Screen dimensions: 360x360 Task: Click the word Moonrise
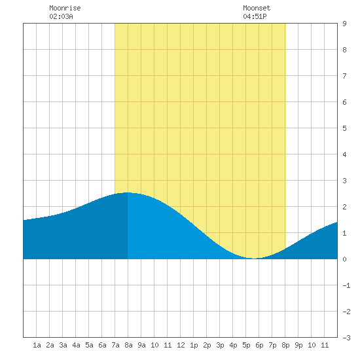click(x=65, y=8)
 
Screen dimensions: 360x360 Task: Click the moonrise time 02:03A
click(x=61, y=16)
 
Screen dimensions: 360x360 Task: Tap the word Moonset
click(x=257, y=8)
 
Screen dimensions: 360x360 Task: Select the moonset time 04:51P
click(x=255, y=16)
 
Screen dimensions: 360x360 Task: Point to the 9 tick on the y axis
click(x=344, y=24)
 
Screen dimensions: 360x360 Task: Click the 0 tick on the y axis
click(x=344, y=259)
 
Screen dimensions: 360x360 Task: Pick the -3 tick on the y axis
click(x=346, y=338)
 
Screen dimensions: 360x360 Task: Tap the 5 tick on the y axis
click(x=344, y=128)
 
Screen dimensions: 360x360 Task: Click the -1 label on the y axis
click(x=346, y=285)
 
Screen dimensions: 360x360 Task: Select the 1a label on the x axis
click(x=37, y=345)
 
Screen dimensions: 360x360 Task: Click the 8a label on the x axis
click(x=128, y=345)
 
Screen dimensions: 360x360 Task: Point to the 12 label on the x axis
click(x=181, y=345)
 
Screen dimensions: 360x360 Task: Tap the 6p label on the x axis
click(x=259, y=345)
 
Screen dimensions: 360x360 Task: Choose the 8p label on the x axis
click(x=285, y=345)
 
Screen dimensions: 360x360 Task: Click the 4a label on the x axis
click(x=76, y=345)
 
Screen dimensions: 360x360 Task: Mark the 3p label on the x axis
click(x=220, y=345)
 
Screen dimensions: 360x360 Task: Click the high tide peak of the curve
click(x=127, y=192)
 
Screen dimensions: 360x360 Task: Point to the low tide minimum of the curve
click(x=254, y=259)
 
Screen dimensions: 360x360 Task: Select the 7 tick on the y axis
click(x=344, y=76)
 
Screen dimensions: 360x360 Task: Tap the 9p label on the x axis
click(x=298, y=345)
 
